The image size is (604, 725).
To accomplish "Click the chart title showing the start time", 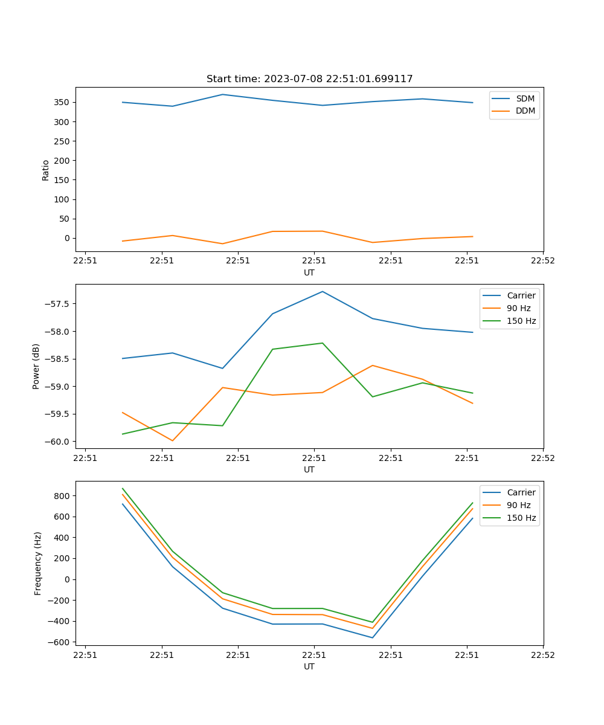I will pos(309,79).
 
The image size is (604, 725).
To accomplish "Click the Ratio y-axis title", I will pos(46,170).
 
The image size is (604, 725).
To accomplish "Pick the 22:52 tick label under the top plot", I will pos(542,261).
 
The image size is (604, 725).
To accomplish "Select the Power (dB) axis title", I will pos(36,366).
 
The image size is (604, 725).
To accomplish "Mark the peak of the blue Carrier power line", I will pos(323,292).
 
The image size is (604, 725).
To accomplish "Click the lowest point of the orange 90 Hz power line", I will pos(172,440).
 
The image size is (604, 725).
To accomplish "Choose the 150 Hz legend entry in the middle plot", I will pos(521,321).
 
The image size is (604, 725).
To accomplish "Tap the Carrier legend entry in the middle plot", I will pos(521,295).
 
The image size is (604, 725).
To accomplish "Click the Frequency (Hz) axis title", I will pos(38,563).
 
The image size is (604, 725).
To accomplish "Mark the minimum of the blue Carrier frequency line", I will pos(372,637).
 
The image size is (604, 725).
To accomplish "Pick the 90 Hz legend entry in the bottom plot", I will pos(518,505).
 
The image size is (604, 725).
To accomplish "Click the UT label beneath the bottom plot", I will pos(309,666).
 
